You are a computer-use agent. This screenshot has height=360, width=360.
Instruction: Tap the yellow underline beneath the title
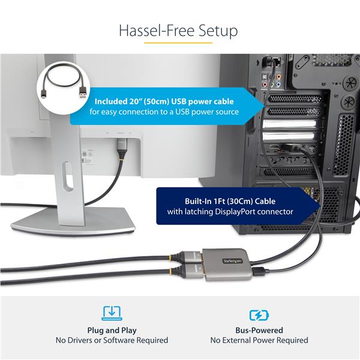(x=179, y=43)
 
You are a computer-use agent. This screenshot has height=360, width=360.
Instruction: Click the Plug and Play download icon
(x=112, y=313)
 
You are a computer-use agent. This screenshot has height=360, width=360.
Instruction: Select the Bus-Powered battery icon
(x=259, y=314)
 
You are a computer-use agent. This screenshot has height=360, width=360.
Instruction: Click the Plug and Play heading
(x=112, y=330)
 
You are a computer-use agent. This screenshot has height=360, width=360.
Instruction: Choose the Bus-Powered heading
(x=259, y=330)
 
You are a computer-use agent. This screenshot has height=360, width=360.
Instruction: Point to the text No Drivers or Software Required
(x=112, y=340)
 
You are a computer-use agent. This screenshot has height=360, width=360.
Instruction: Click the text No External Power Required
(x=259, y=340)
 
